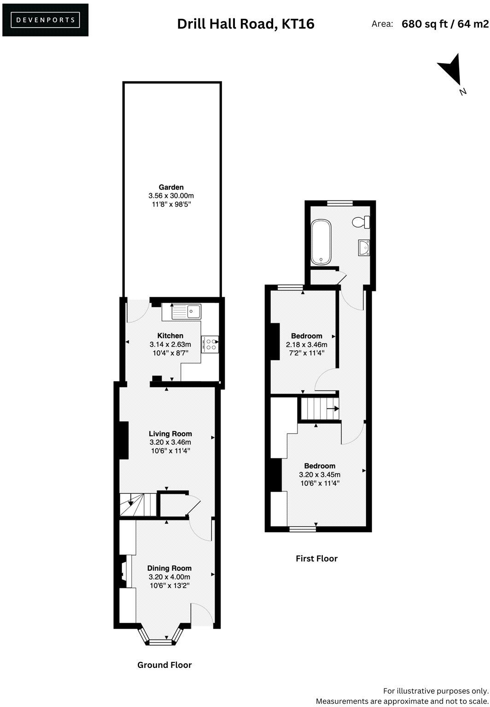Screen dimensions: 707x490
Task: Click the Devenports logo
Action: pyautogui.click(x=45, y=20)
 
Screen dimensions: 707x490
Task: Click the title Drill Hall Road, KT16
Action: pyautogui.click(x=245, y=24)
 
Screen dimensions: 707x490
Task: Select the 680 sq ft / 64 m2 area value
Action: pyautogui.click(x=445, y=24)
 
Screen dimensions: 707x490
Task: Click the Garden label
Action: pyautogui.click(x=171, y=187)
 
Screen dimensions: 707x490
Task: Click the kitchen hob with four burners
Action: pyautogui.click(x=210, y=345)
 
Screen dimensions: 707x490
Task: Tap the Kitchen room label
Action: pyautogui.click(x=170, y=336)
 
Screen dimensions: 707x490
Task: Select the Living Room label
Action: pyautogui.click(x=170, y=434)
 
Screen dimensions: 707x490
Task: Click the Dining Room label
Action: pyautogui.click(x=169, y=568)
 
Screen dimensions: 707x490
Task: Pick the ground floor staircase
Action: pyautogui.click(x=138, y=505)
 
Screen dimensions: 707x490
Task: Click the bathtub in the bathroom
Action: pyautogui.click(x=321, y=242)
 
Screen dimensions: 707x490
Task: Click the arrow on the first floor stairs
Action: pyautogui.click(x=333, y=408)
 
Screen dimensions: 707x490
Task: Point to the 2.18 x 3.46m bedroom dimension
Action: pyautogui.click(x=307, y=345)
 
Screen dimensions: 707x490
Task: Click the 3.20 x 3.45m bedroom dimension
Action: pyautogui.click(x=320, y=475)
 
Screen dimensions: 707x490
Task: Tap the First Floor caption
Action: pyautogui.click(x=316, y=559)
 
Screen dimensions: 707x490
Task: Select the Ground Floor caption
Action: pyautogui.click(x=164, y=665)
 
